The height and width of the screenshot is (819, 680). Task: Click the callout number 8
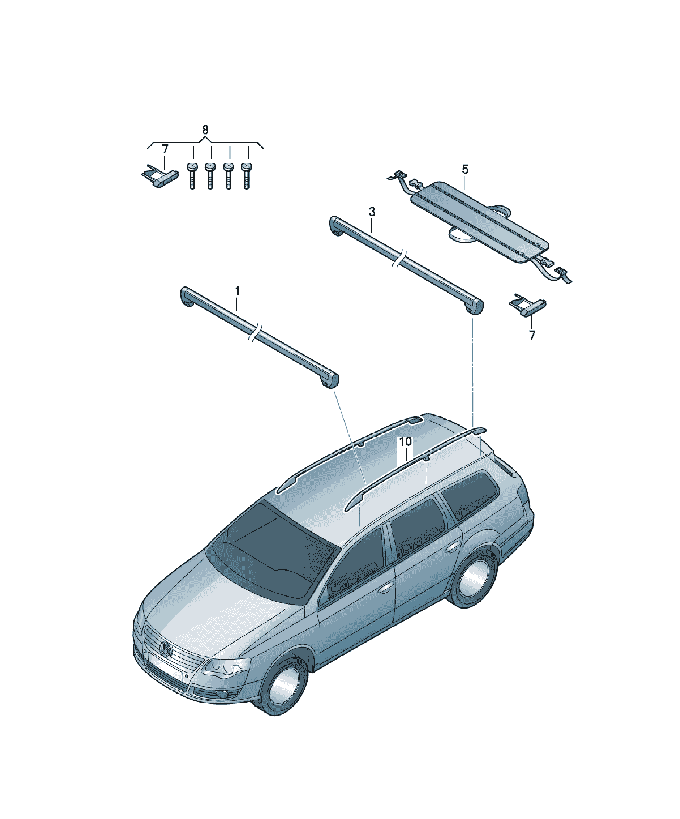(x=205, y=129)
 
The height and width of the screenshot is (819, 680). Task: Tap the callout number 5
(x=465, y=169)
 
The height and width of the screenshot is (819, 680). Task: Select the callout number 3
(x=372, y=212)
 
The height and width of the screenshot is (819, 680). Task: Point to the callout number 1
(x=237, y=291)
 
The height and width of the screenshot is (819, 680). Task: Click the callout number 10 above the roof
(x=405, y=441)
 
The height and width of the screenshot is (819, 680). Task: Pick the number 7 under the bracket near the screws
(x=165, y=149)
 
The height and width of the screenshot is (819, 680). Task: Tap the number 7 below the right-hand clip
(x=532, y=335)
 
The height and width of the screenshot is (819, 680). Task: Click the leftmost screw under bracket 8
(x=192, y=176)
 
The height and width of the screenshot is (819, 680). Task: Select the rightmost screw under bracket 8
(x=246, y=176)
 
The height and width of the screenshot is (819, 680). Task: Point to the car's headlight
(x=225, y=668)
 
